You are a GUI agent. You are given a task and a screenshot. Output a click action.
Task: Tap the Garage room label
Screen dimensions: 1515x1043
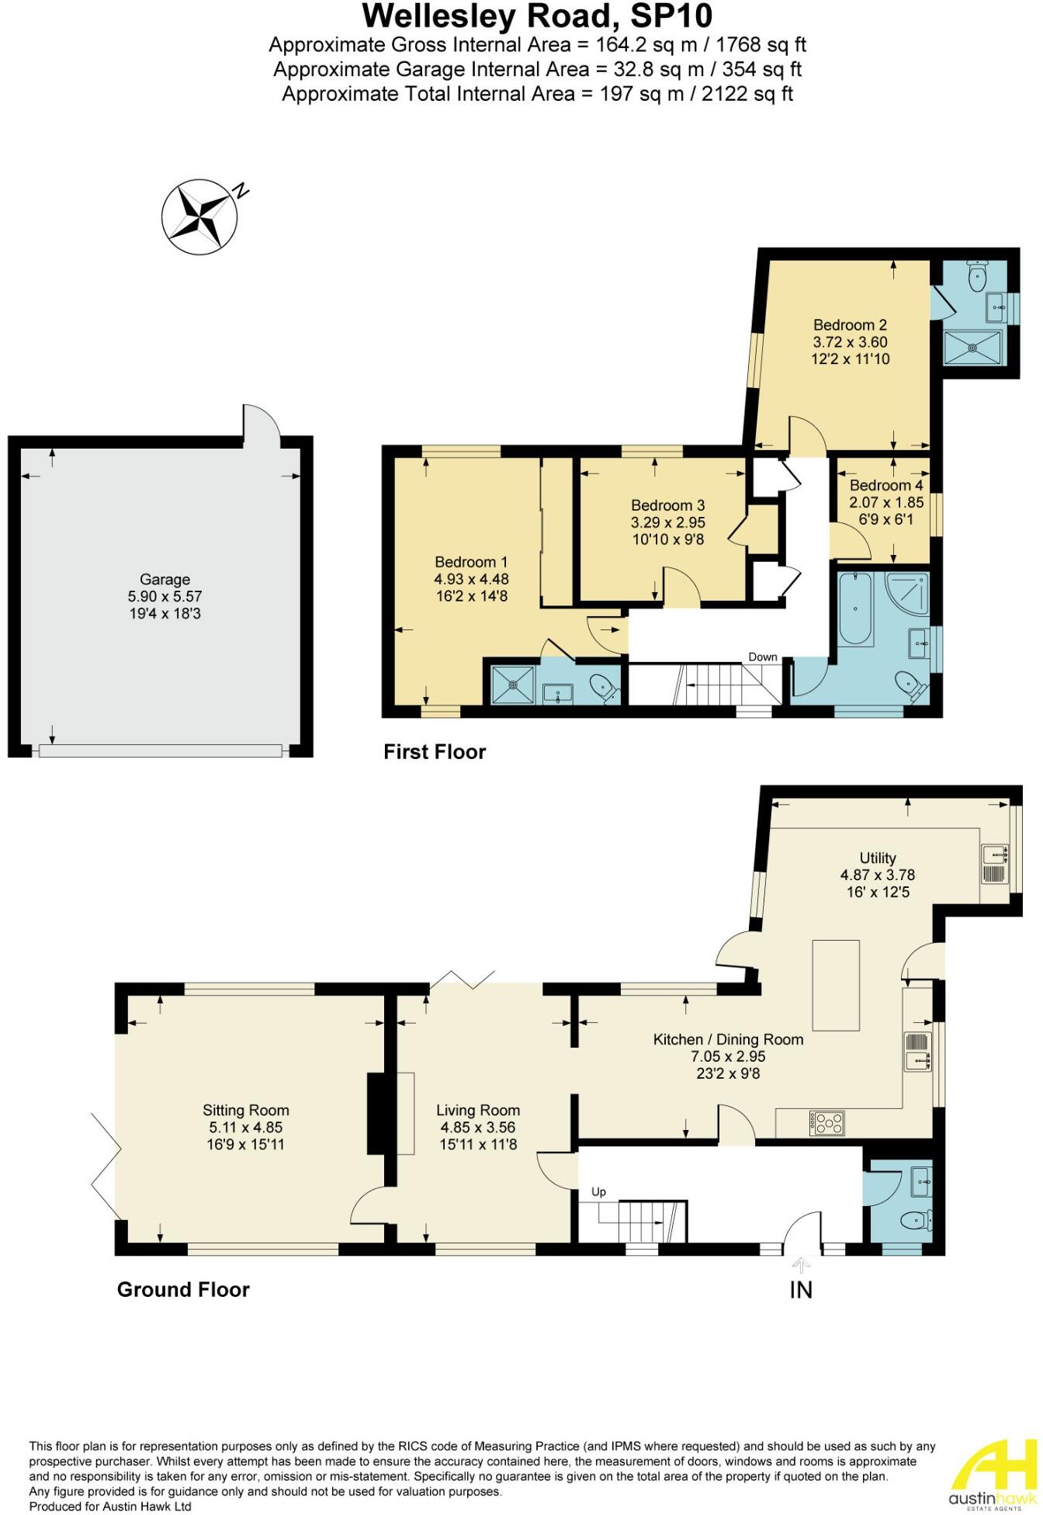pyautogui.click(x=165, y=580)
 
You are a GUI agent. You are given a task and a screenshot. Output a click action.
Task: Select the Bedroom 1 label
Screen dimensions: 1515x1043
pyautogui.click(x=471, y=562)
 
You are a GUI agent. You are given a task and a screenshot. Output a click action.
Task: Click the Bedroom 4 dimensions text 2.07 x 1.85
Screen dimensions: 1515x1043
pyautogui.click(x=886, y=502)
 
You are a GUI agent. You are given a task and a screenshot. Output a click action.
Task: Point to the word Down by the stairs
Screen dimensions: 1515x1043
pyautogui.click(x=762, y=657)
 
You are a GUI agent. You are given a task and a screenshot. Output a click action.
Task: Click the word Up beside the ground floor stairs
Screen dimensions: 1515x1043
pyautogui.click(x=598, y=1191)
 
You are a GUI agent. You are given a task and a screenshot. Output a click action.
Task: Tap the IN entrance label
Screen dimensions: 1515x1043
pyautogui.click(x=801, y=1290)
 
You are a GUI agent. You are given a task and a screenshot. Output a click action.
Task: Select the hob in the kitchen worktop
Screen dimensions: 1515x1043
pyautogui.click(x=827, y=1122)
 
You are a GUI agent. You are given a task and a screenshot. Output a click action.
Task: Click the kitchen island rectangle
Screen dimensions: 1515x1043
pyautogui.click(x=836, y=983)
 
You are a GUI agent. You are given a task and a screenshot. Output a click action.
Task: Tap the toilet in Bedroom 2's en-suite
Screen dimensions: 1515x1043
pyautogui.click(x=976, y=274)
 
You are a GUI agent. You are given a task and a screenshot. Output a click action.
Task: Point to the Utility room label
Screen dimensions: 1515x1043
pyautogui.click(x=878, y=858)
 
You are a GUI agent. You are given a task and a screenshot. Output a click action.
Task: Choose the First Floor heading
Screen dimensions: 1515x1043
pyautogui.click(x=435, y=751)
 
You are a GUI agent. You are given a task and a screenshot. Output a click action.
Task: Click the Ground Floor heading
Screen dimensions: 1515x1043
pyautogui.click(x=183, y=1290)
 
